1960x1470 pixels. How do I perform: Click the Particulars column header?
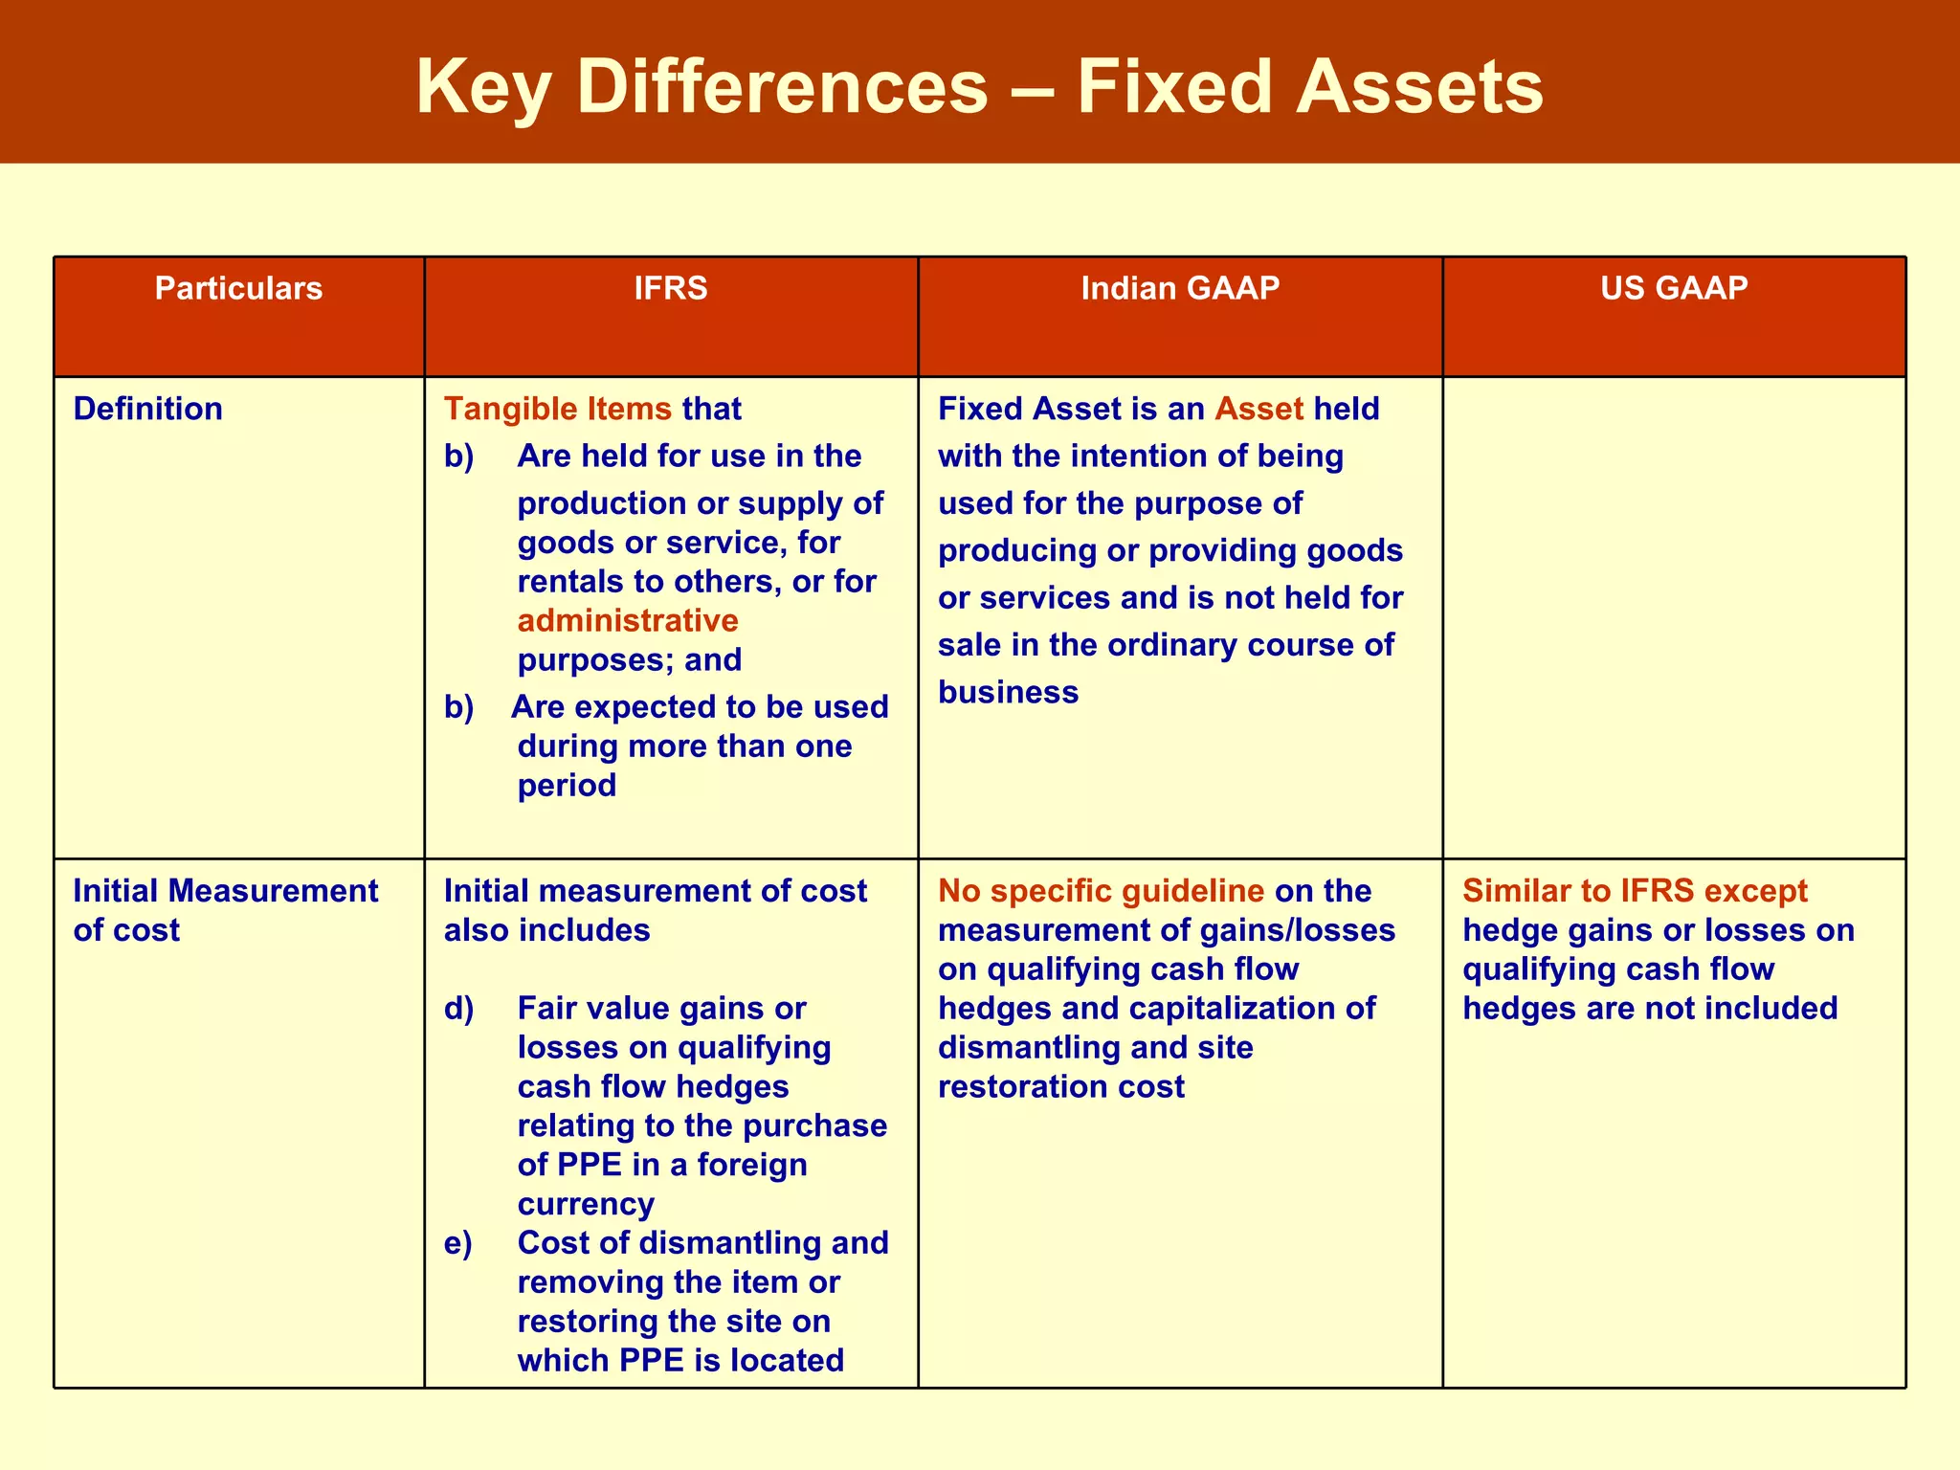[x=238, y=288]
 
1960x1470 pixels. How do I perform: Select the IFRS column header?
[x=671, y=288]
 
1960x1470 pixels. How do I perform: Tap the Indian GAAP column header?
[x=1180, y=288]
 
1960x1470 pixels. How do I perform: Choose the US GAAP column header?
[x=1674, y=288]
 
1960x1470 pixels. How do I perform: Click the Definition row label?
[x=147, y=409]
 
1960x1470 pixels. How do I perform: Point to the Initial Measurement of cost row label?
[x=225, y=910]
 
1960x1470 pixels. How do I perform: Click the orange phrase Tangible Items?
[x=558, y=409]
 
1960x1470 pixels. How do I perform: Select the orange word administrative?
[x=628, y=620]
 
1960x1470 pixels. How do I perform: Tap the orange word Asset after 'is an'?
[x=1258, y=409]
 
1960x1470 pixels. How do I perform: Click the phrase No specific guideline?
[x=1101, y=891]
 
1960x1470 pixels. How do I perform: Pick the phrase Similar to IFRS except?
[x=1635, y=891]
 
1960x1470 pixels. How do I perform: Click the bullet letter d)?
[x=458, y=1009]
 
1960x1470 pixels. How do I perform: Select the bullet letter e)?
[x=457, y=1243]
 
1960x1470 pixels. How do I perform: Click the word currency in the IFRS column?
[x=586, y=1204]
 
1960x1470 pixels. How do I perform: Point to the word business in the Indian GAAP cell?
[x=1008, y=692]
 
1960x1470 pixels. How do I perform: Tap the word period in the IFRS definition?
[x=567, y=786]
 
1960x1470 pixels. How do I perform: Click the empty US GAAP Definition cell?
[x=1674, y=617]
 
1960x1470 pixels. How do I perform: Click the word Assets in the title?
[x=1419, y=88]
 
